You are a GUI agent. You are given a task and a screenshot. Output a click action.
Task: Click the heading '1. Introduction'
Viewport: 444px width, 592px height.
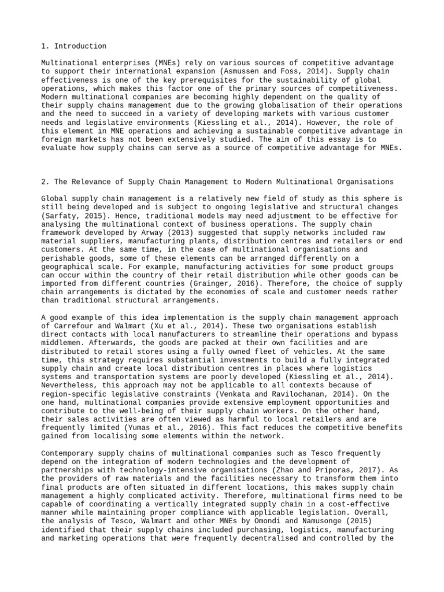point(74,46)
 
